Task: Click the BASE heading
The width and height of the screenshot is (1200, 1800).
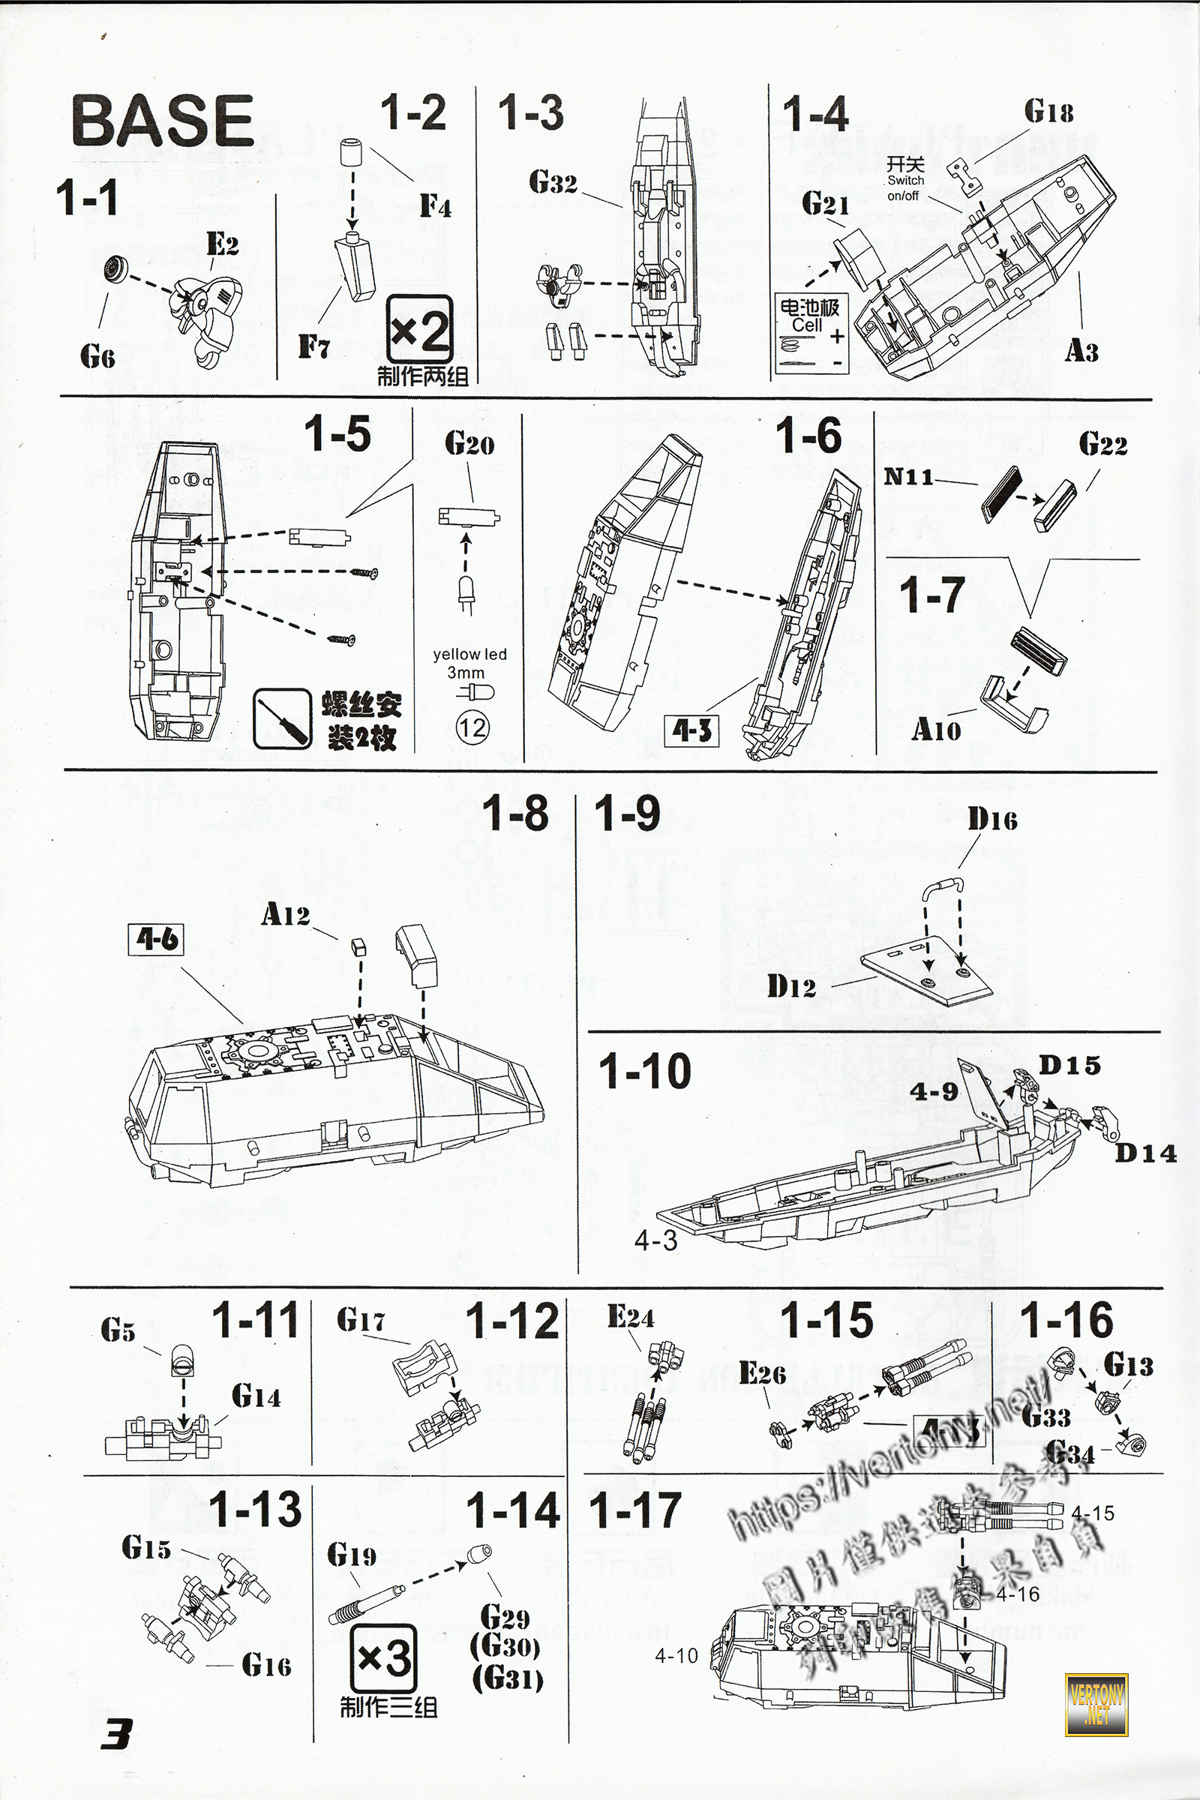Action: point(162,121)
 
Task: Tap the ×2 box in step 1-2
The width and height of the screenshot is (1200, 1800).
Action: point(419,330)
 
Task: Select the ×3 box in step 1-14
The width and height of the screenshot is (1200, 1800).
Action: point(384,1659)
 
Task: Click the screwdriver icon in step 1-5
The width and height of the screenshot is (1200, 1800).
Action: point(283,719)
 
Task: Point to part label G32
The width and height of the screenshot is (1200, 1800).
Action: point(553,183)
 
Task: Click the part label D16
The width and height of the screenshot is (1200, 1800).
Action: point(992,820)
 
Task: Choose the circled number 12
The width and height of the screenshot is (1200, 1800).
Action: point(472,727)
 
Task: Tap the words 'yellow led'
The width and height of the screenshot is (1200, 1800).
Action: point(469,654)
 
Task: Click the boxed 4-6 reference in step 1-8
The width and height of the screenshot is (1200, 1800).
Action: point(156,939)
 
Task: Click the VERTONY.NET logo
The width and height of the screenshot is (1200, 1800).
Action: point(1096,1703)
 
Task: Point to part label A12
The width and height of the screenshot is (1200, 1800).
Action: point(286,913)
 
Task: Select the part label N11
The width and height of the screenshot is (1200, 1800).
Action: point(909,477)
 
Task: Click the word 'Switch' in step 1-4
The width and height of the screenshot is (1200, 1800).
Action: point(905,181)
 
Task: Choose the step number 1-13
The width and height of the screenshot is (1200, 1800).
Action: point(256,1508)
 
